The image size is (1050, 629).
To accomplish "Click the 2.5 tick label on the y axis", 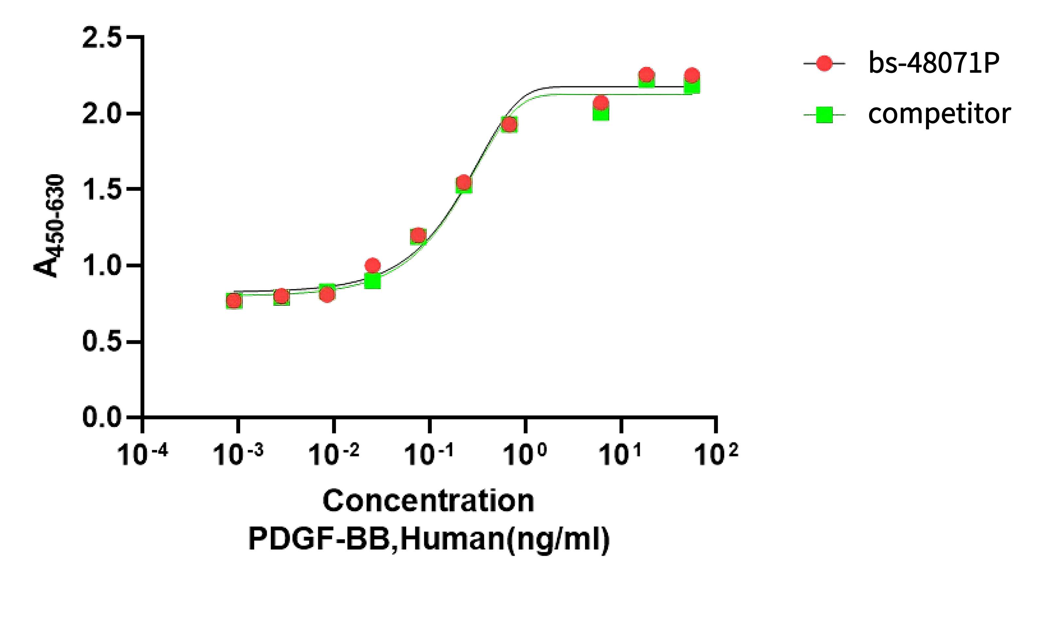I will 101,37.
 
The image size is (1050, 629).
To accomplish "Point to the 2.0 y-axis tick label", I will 101,113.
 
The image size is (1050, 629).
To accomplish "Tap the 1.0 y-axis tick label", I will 101,265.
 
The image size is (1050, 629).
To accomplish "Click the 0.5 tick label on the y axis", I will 101,342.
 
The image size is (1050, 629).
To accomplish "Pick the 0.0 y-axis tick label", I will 101,417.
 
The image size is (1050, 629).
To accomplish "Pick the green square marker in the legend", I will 824,114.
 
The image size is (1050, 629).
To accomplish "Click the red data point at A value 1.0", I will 372,266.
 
